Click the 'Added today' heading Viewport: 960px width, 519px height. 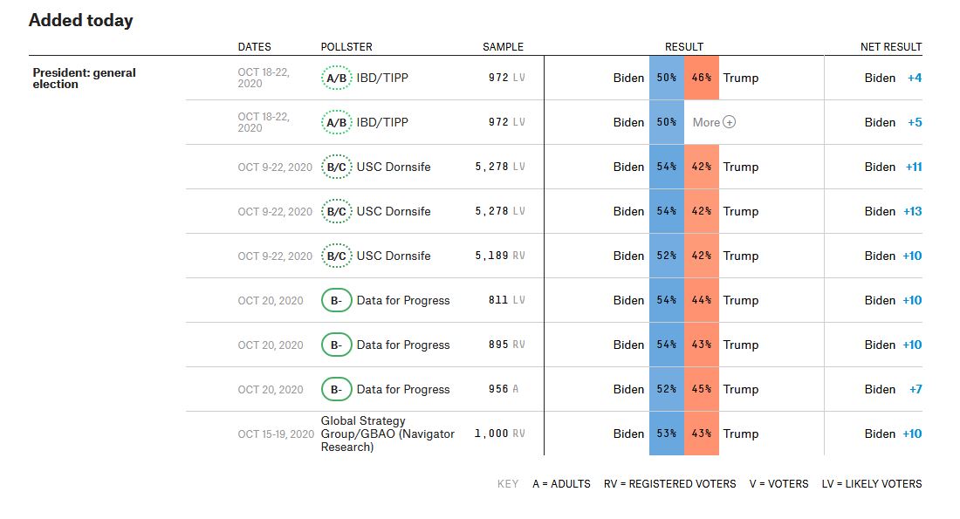point(80,21)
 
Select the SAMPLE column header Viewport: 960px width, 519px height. point(503,47)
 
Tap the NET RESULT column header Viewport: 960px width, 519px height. point(891,47)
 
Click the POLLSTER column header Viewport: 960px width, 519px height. point(347,47)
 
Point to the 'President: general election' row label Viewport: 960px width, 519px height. point(84,79)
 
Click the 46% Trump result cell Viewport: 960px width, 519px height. point(702,79)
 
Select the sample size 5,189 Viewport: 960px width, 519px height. point(491,256)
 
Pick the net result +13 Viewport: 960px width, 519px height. point(912,212)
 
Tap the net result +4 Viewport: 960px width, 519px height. point(915,79)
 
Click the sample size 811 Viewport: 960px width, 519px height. point(498,301)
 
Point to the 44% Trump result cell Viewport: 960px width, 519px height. point(702,301)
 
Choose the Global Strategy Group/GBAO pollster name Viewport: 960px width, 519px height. point(387,434)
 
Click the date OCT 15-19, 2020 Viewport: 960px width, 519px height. point(275,434)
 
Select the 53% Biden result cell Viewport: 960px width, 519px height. point(667,434)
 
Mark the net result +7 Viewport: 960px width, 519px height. point(915,390)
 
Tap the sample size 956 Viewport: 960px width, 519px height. point(498,390)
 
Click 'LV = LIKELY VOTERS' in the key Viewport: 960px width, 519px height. point(871,484)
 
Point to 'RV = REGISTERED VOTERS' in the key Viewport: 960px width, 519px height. point(669,484)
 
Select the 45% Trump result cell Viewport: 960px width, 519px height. point(702,390)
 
